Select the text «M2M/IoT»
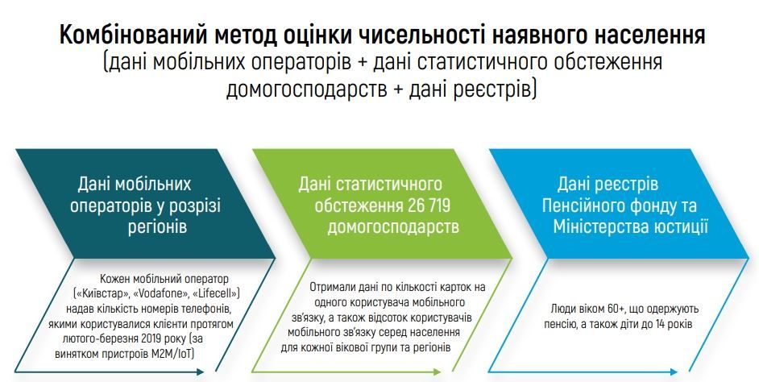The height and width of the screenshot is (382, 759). tap(172, 354)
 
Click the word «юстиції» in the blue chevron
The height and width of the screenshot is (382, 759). tap(681, 226)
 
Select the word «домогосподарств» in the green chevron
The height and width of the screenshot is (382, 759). tap(393, 226)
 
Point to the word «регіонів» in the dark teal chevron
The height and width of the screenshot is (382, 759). tap(157, 226)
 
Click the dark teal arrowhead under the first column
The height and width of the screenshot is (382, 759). tap(200, 372)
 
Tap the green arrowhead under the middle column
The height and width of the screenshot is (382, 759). tap(437, 372)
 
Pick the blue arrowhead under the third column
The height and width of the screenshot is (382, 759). tap(674, 372)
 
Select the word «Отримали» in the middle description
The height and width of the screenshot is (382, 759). tap(330, 287)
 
